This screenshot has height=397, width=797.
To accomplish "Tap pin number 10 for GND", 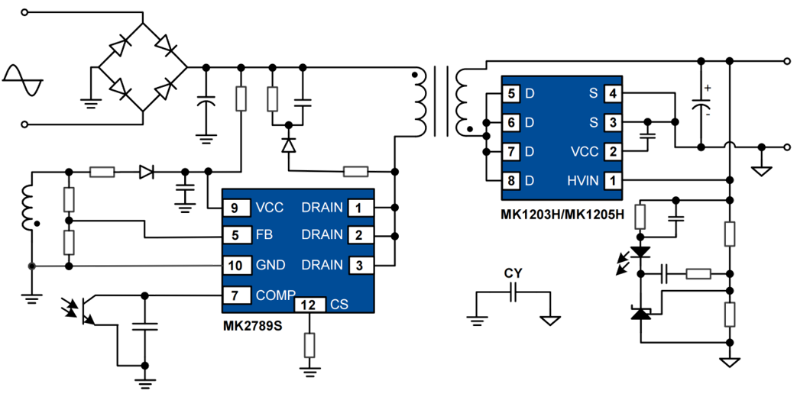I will [235, 265].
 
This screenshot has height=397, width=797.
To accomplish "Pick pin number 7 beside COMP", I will [236, 294].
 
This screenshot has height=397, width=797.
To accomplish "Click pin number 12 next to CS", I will [309, 304].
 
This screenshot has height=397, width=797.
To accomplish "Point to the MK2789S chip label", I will [252, 326].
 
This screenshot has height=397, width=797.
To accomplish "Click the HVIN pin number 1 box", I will [612, 180].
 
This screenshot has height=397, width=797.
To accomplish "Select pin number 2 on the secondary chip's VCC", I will [612, 151].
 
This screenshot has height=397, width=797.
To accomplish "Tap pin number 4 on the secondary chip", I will [612, 93].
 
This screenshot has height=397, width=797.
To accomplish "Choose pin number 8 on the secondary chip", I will [513, 180].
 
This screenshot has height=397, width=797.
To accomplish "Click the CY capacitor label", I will [512, 273].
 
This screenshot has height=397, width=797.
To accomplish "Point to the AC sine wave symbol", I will [22, 81].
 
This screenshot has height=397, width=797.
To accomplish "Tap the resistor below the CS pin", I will [309, 345].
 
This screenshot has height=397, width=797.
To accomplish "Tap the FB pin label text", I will [264, 234].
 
